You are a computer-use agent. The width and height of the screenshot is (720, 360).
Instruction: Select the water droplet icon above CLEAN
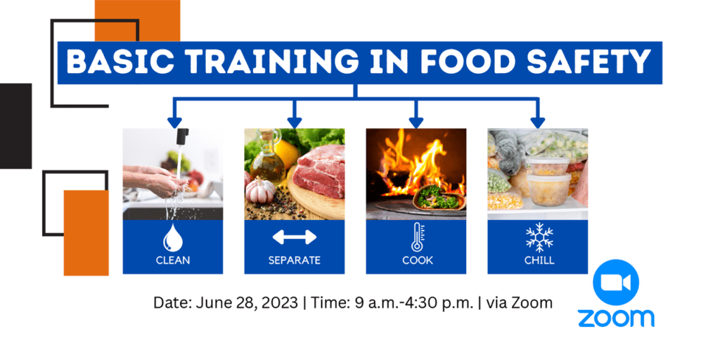click(173, 238)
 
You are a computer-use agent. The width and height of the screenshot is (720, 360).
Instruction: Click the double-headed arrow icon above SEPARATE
click(295, 237)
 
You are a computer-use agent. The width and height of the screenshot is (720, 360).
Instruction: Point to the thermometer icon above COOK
click(417, 237)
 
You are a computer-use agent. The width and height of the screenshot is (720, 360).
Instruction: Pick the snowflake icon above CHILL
click(539, 237)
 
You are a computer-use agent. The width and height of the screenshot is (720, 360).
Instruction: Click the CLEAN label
click(173, 260)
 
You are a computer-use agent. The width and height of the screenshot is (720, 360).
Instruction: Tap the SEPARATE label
click(295, 260)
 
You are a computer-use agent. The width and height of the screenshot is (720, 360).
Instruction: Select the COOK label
click(418, 260)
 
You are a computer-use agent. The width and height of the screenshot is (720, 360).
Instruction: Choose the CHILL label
click(539, 260)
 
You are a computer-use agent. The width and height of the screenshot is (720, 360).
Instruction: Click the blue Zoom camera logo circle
click(616, 282)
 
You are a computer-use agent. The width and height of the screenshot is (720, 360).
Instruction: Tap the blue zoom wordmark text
click(616, 319)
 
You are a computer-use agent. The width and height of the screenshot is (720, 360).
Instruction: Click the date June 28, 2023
click(247, 304)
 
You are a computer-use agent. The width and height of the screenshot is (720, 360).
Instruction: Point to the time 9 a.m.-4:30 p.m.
click(413, 304)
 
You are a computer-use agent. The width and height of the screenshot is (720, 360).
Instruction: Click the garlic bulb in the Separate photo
click(260, 190)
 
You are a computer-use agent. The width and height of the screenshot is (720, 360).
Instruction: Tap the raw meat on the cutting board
click(319, 171)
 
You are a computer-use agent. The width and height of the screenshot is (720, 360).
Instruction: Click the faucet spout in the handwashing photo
click(182, 136)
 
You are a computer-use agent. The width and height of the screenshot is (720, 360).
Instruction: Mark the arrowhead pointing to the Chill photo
click(538, 122)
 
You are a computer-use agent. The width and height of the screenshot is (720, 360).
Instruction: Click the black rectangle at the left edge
click(15, 126)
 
